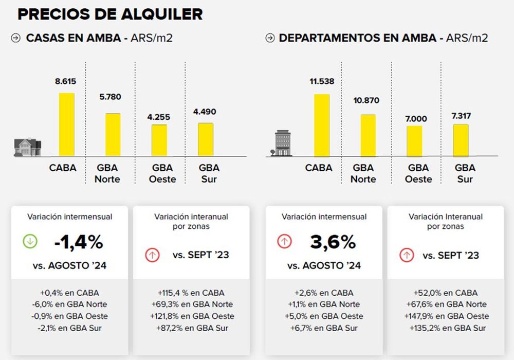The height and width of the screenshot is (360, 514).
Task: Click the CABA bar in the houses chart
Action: pos(66,124)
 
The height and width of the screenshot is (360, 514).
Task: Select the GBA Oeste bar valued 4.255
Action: pos(159,140)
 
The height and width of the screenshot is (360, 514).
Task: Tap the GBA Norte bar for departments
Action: pos(368,135)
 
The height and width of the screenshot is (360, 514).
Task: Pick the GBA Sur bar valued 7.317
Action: pos(461,140)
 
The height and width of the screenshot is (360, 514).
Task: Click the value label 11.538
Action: pos(322,81)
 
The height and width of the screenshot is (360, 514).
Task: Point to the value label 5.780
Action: pos(110,97)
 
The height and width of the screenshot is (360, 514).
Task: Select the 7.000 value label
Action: pos(416,119)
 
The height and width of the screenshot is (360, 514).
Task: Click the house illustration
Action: pos(28,147)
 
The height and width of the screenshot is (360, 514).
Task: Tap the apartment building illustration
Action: pos(282,143)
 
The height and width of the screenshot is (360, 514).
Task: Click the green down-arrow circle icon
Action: pos(30,242)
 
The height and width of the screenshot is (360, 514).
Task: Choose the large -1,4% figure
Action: pos(79,242)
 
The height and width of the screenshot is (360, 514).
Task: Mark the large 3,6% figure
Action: pos(333,242)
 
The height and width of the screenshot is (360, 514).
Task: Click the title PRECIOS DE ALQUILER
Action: pos(110,14)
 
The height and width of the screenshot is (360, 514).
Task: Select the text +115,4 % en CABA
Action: pos(191,293)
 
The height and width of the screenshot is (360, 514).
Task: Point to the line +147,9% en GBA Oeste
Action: pos(447,316)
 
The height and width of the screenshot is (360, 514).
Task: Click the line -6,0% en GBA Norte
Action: pos(69,304)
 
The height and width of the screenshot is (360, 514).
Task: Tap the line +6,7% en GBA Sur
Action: pos(324,328)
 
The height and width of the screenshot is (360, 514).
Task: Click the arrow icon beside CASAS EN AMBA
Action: pos(16,38)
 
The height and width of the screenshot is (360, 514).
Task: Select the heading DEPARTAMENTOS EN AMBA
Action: pos(358,38)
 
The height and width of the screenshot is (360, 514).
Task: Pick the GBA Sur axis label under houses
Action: pos(209,173)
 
